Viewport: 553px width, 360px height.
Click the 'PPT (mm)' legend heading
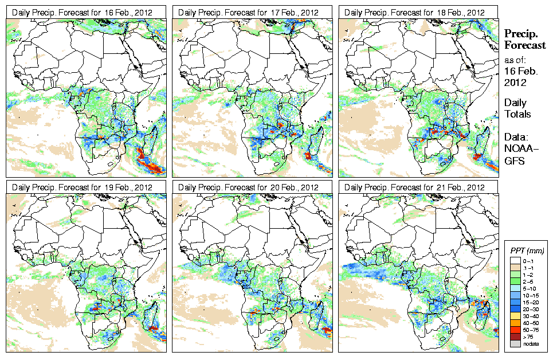click(x=527, y=251)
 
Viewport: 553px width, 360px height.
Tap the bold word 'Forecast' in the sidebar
click(x=525, y=46)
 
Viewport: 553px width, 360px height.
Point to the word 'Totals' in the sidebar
click(x=517, y=114)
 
